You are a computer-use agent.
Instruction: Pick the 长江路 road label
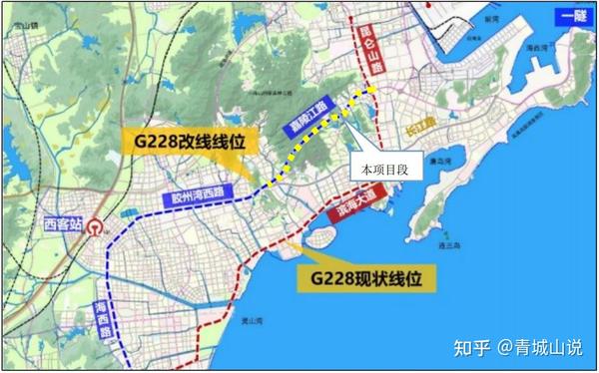coord(394,125)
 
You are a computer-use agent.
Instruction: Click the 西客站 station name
coord(64,223)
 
